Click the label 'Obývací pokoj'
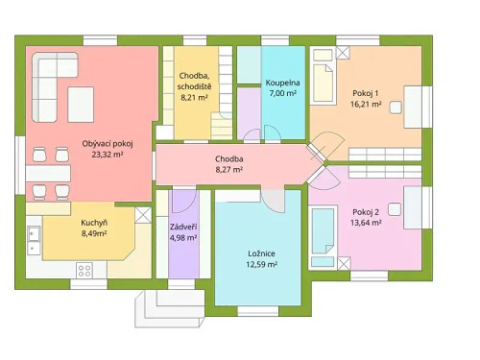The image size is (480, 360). pos(107,143)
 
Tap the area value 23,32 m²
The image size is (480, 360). pos(107,154)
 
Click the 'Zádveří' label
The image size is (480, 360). pos(183,227)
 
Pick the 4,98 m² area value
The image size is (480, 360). pos(183,237)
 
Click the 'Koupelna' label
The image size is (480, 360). pos(282,84)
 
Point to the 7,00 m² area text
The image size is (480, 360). pos(282,94)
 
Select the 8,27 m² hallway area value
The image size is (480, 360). pos(228,169)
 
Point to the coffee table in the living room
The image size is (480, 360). pos(80,100)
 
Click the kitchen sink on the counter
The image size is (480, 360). pos(34,233)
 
